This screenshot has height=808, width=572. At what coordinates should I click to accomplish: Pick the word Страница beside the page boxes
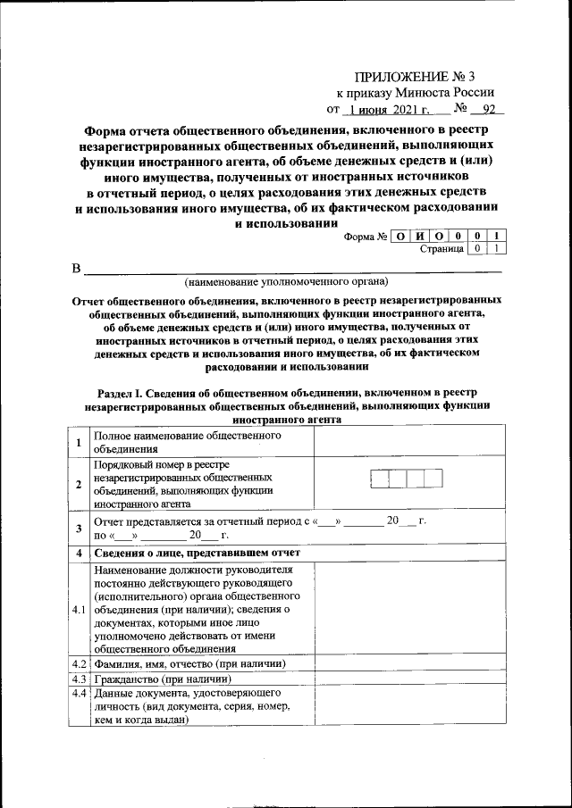[x=442, y=249]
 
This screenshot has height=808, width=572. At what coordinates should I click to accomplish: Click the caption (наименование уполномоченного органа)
[x=286, y=281]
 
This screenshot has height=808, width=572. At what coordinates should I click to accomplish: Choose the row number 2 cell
[x=80, y=485]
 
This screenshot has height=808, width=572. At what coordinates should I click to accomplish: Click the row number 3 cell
[x=80, y=528]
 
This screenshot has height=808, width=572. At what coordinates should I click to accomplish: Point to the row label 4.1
[x=80, y=610]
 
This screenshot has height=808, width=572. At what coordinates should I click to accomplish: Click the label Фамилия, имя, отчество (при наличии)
[x=189, y=664]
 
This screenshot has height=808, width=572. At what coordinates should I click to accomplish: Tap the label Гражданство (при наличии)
[x=156, y=679]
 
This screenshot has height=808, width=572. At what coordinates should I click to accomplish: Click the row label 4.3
[x=80, y=679]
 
